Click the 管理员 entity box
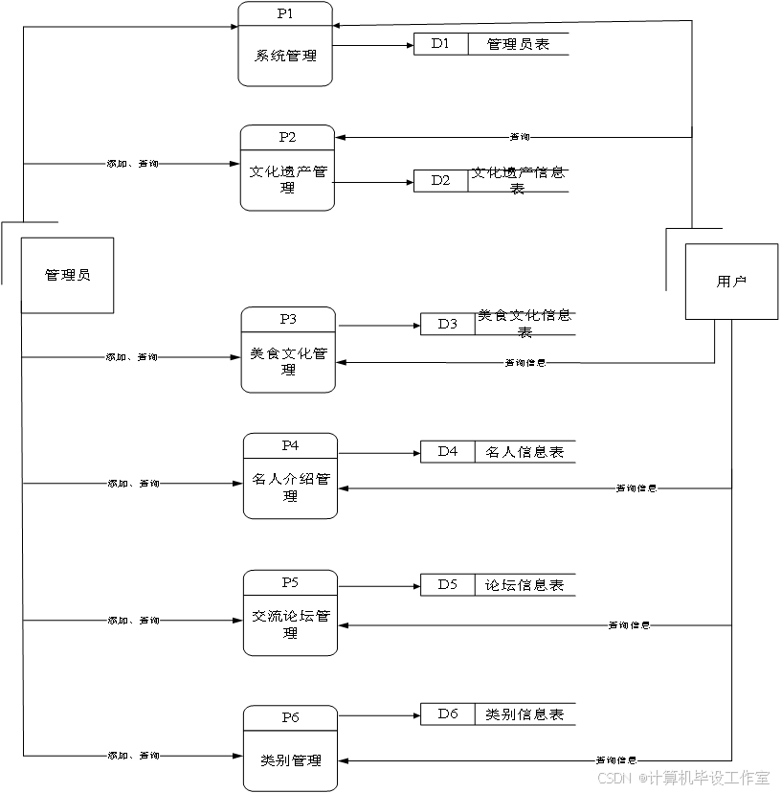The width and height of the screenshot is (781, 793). [x=67, y=275]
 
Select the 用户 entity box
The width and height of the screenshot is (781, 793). [x=731, y=282]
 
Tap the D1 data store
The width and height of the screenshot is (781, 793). [x=440, y=44]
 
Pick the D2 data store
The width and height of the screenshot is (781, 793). [x=440, y=181]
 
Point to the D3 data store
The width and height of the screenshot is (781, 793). [x=447, y=325]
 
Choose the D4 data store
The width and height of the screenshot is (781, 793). [x=447, y=452]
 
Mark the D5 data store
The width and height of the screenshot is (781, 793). [x=447, y=585]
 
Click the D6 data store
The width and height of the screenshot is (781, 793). [x=447, y=714]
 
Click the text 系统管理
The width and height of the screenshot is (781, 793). [x=285, y=56]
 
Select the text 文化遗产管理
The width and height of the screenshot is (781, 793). [x=288, y=180]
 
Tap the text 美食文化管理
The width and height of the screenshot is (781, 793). [x=288, y=362]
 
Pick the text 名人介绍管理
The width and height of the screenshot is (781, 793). [x=290, y=487]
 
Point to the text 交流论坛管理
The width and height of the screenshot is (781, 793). [x=290, y=624]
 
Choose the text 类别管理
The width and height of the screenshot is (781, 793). [x=290, y=760]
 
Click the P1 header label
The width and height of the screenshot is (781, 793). [x=285, y=14]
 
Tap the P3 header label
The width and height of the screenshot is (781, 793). [x=288, y=319]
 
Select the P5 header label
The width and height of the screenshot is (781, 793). [x=290, y=582]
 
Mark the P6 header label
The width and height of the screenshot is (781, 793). [x=290, y=717]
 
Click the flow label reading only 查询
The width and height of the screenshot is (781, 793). [x=520, y=138]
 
